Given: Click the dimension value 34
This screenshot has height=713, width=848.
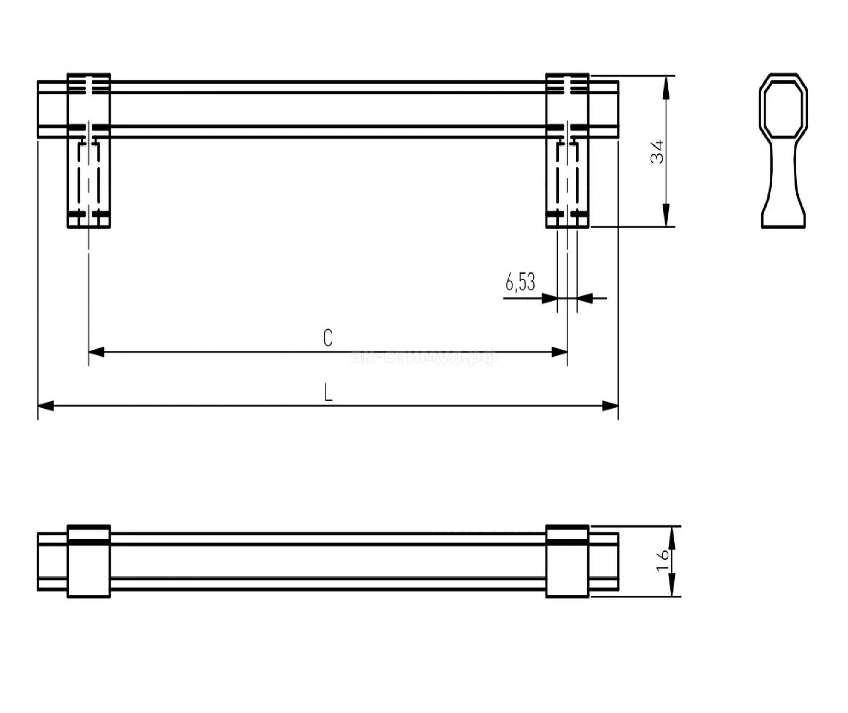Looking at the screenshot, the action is pos(657,152).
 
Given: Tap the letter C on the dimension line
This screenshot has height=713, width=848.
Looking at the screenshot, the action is pos(328,338).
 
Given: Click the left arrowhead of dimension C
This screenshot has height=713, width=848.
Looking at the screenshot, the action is pos(96,352).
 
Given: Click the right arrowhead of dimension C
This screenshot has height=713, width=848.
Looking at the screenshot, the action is pos(560,352).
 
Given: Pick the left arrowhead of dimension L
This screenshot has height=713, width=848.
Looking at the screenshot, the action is pos(46,406).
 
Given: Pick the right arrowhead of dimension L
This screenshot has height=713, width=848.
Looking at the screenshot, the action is pos(610,406).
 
